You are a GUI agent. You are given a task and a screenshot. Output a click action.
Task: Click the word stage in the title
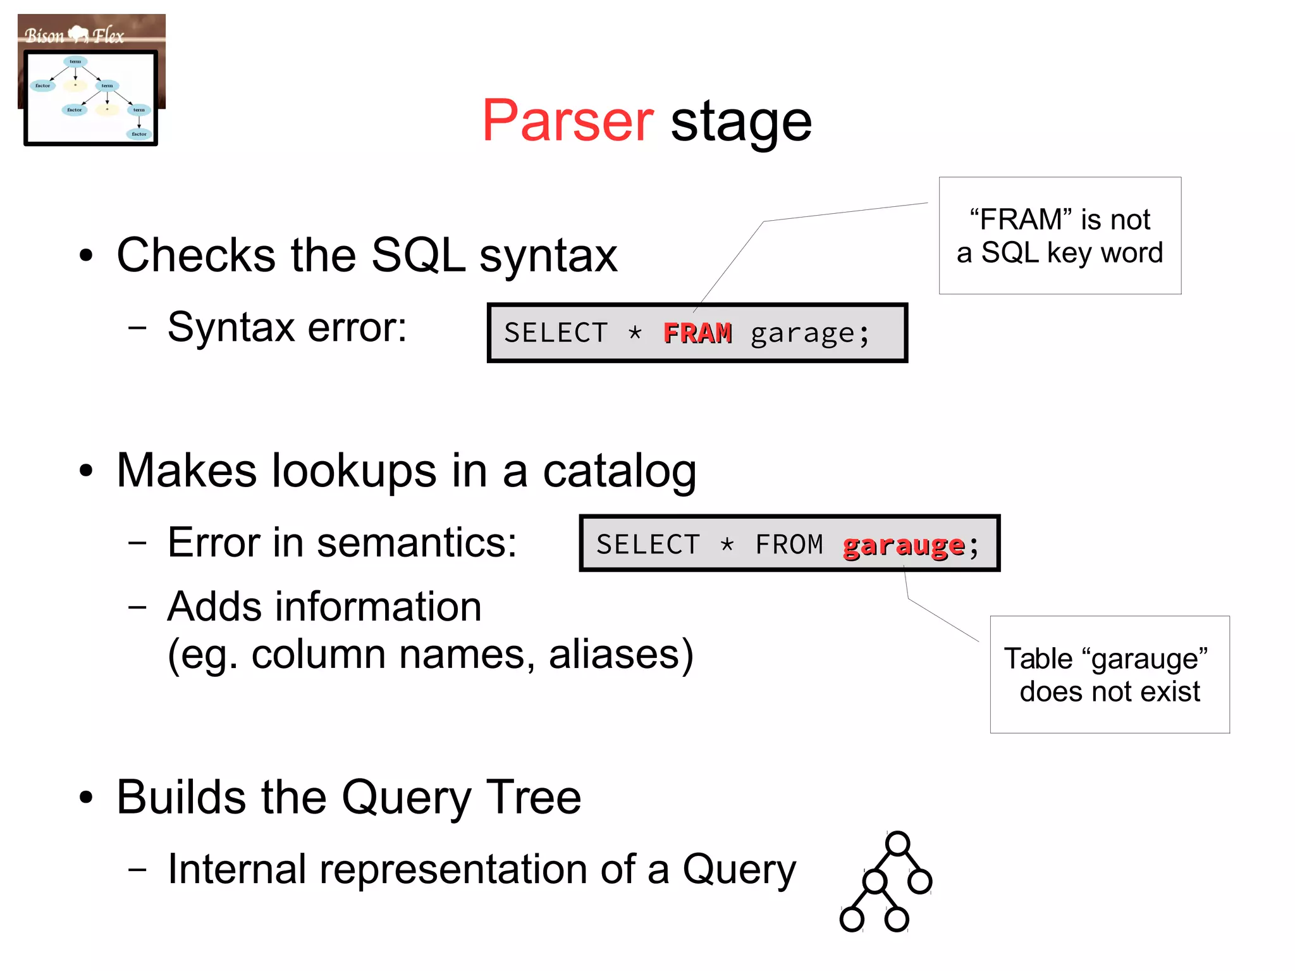[x=740, y=123]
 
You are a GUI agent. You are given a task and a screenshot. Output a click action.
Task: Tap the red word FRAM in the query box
[x=697, y=333]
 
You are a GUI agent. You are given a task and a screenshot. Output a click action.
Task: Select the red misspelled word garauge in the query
[x=904, y=545]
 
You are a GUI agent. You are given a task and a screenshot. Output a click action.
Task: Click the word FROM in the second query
[x=789, y=545]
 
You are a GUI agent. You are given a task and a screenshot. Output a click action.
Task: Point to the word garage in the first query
[x=802, y=333]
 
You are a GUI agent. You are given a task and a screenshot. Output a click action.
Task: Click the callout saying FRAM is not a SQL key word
[x=1060, y=235]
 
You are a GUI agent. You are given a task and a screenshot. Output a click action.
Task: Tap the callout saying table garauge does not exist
[x=1109, y=674]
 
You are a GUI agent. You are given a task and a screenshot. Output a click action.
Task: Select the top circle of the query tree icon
[x=897, y=843]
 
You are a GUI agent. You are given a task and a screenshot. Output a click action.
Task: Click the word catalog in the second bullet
[x=619, y=471]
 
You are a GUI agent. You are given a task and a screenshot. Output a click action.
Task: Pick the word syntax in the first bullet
[x=548, y=256]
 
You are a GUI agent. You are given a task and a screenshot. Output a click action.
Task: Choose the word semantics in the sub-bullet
[x=416, y=543]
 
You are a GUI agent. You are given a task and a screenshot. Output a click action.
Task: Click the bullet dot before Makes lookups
[x=86, y=471]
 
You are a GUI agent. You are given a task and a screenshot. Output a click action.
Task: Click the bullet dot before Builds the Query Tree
[x=86, y=798]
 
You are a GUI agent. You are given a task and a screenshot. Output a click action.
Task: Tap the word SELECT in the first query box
[x=556, y=333]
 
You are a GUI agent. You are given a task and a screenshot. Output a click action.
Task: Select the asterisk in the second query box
[x=727, y=545]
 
